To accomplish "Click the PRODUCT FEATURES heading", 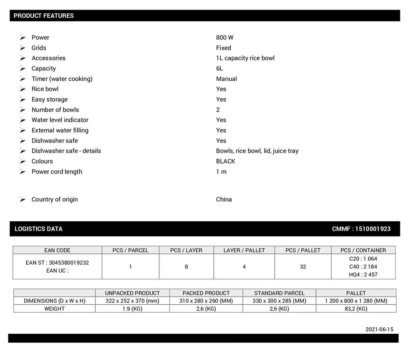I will click(x=44, y=16).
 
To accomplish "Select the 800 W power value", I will click(x=225, y=37).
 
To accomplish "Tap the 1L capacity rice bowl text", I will click(x=245, y=58).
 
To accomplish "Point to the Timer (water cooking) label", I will click(x=62, y=79).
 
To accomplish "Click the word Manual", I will click(x=226, y=79).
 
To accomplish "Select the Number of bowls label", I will click(x=55, y=110).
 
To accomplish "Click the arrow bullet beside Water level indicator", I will click(x=23, y=120).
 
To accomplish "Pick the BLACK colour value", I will click(x=225, y=161).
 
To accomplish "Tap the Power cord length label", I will click(x=57, y=171).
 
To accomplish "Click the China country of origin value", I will click(x=224, y=199).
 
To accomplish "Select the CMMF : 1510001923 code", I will click(x=361, y=229).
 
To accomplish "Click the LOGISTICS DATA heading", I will click(x=39, y=229).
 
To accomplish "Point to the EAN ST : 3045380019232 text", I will click(x=57, y=262).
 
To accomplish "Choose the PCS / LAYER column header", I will click(x=186, y=250).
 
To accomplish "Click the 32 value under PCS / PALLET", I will click(x=303, y=267).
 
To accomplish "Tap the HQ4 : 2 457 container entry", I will click(x=363, y=275).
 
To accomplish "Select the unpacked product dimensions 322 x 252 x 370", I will click(x=132, y=301).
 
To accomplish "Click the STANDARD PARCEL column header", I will click(x=279, y=293).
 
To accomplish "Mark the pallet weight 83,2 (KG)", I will click(x=356, y=309).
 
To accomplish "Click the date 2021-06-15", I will click(x=379, y=329).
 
